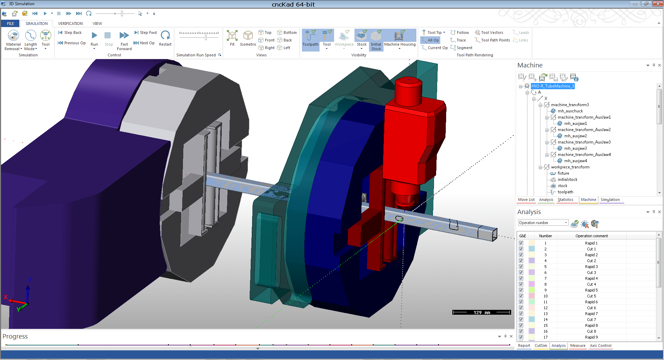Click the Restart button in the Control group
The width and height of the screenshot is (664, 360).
[x=165, y=38]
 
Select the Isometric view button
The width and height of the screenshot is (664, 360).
[x=248, y=38]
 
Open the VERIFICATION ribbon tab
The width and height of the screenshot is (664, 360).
[x=70, y=24]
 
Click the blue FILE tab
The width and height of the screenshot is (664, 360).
[x=10, y=24]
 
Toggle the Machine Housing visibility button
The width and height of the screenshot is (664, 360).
[x=400, y=39]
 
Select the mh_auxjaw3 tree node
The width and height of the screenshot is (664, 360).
[x=575, y=148]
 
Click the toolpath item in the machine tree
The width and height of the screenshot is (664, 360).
[x=565, y=192]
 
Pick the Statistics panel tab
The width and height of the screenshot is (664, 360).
[x=565, y=200]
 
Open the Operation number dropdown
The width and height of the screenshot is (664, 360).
[x=543, y=223]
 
